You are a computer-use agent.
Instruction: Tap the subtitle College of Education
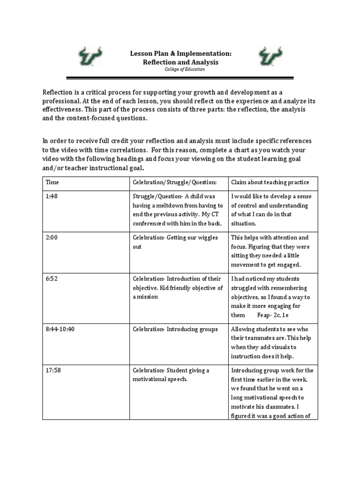pyautogui.click(x=180, y=69)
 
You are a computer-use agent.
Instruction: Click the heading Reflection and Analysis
pyautogui.click(x=180, y=62)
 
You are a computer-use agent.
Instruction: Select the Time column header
pyautogui.click(x=52, y=182)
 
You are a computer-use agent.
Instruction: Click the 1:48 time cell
pyautogui.click(x=52, y=196)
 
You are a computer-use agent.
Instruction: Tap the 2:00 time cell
pyautogui.click(x=52, y=238)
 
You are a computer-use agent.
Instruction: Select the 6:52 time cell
pyautogui.click(x=52, y=279)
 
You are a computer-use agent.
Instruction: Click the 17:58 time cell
pyautogui.click(x=53, y=370)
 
